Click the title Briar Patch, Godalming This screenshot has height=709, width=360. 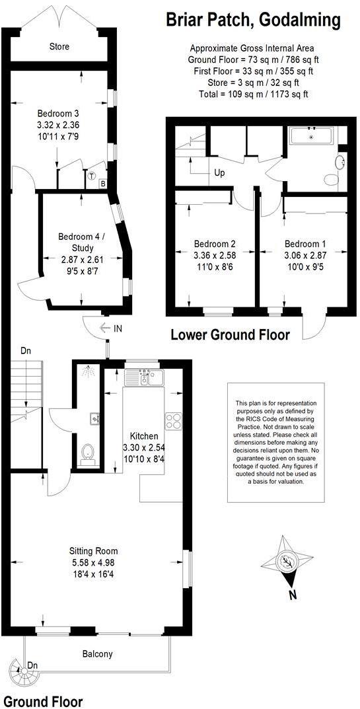(x=253, y=20)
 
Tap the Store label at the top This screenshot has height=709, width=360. (x=59, y=47)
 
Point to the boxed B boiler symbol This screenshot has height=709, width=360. (x=103, y=184)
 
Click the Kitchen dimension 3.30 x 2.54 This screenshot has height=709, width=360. (x=143, y=447)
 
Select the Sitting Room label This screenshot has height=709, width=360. (x=97, y=550)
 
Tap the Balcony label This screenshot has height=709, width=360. (x=97, y=654)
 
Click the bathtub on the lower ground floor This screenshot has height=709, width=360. (x=313, y=136)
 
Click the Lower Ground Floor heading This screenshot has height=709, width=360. (x=230, y=335)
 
